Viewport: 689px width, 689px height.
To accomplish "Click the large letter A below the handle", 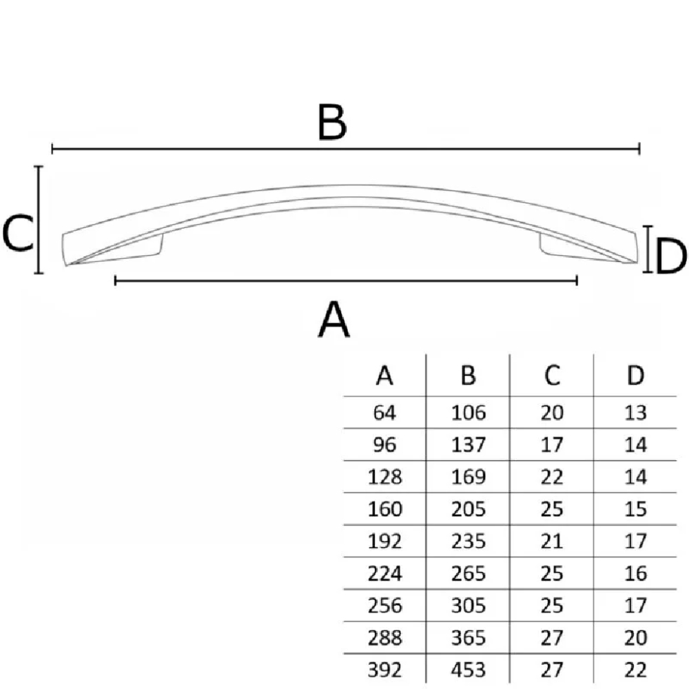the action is (333, 320).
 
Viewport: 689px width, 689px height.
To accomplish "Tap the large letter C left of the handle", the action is (18, 234).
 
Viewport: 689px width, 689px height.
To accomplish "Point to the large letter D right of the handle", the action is (670, 256).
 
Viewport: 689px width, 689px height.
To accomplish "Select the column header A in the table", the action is (384, 376).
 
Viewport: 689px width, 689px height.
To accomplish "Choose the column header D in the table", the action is (635, 376).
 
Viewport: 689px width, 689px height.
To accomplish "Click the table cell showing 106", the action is (469, 413).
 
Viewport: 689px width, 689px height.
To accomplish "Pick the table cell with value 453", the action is (469, 670).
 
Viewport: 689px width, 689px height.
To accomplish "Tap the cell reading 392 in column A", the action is (384, 670).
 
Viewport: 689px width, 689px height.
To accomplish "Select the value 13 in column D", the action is (635, 413).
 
